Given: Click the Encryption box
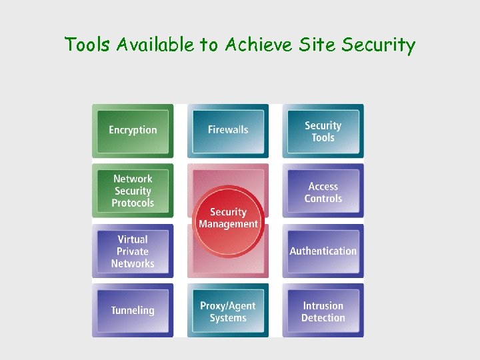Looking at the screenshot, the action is (133, 131).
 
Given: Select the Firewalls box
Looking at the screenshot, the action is (228, 131).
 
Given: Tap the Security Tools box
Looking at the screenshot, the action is (323, 131).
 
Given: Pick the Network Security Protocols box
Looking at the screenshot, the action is (133, 191).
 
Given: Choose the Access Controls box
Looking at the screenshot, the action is (323, 192).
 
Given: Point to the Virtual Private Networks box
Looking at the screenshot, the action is (133, 251).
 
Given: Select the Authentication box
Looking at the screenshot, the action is (323, 251).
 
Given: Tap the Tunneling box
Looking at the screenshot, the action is (133, 311).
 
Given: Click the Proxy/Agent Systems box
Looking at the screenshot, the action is (228, 311).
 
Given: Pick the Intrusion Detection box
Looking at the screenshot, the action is (323, 311).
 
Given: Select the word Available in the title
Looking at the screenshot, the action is (157, 45).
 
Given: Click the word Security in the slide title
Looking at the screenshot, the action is (378, 45).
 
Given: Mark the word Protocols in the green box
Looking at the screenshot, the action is (133, 203).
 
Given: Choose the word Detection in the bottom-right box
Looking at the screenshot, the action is (323, 318).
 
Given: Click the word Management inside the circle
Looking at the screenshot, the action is (228, 225).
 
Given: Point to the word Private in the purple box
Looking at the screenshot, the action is (133, 251).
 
